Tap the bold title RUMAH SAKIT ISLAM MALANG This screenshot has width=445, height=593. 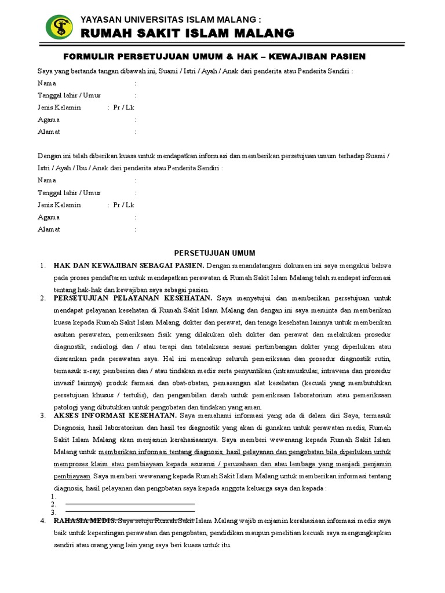(188, 32)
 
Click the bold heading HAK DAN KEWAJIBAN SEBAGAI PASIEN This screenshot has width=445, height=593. (129, 266)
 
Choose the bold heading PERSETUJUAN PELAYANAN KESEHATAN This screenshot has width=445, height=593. (134, 299)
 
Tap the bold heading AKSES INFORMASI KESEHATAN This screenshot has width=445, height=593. (115, 416)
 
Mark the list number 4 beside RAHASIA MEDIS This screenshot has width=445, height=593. (43, 521)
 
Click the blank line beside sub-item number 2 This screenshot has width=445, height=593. (130, 504)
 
